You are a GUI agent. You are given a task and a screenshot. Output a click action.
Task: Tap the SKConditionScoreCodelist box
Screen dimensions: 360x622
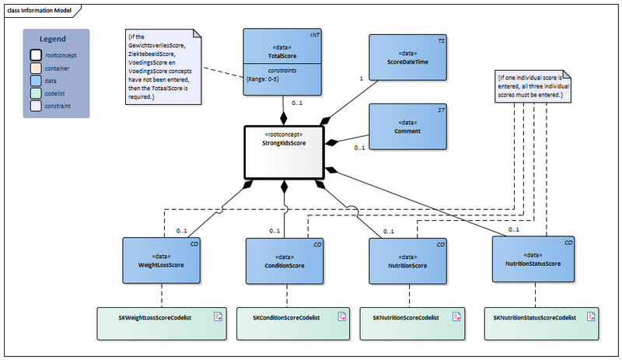click(285, 318)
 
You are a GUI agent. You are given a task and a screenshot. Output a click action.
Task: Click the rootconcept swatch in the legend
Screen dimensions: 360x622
click(36, 55)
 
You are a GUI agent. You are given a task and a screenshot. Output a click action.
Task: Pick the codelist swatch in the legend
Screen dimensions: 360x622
click(36, 94)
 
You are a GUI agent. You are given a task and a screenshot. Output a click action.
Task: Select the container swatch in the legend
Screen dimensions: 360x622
click(36, 68)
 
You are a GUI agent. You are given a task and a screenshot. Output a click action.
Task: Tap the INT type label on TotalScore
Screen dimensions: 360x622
click(315, 36)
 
